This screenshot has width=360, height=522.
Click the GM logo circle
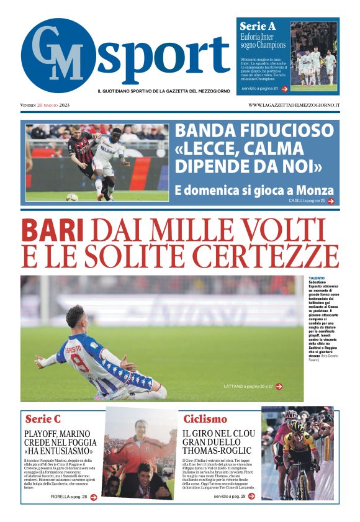pyautogui.click(x=58, y=55)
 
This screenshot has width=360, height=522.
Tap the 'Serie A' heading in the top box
pyautogui.click(x=258, y=27)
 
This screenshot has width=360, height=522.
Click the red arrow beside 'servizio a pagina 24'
pyautogui.click(x=284, y=89)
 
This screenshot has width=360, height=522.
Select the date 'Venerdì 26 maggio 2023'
pyautogui.click(x=45, y=105)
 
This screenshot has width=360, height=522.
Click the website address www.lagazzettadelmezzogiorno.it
pyautogui.click(x=294, y=105)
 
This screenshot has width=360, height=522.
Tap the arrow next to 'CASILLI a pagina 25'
pyautogui.click(x=331, y=201)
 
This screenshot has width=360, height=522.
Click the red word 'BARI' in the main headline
pyautogui.click(x=52, y=231)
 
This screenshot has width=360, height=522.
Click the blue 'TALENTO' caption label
pyautogui.click(x=317, y=278)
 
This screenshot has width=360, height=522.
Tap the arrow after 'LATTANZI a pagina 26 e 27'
pyautogui.click(x=279, y=386)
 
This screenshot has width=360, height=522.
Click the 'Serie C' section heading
pyautogui.click(x=43, y=419)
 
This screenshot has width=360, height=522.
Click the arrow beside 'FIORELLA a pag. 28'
pyautogui.click(x=93, y=497)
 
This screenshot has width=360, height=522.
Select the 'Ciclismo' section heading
pyautogui.click(x=205, y=419)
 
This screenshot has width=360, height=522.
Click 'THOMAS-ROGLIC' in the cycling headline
pyautogui.click(x=217, y=450)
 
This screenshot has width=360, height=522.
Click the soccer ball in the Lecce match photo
pyautogui.click(x=72, y=197)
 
